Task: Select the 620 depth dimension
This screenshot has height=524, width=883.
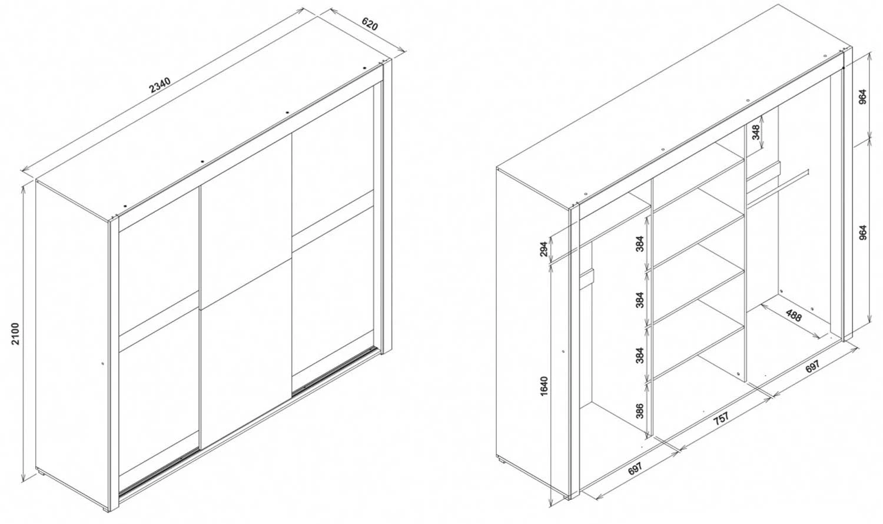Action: pyautogui.click(x=369, y=25)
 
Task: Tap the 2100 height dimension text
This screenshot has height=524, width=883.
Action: pyautogui.click(x=15, y=334)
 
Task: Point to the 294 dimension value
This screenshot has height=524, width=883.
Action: pyautogui.click(x=544, y=248)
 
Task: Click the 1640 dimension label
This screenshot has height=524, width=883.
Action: pyautogui.click(x=544, y=386)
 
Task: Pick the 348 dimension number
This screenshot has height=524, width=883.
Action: pyautogui.click(x=756, y=132)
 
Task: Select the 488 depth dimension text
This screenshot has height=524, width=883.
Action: pyautogui.click(x=794, y=316)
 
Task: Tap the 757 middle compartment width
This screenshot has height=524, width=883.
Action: pyautogui.click(x=721, y=419)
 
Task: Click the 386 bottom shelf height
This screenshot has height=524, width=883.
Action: pyautogui.click(x=640, y=410)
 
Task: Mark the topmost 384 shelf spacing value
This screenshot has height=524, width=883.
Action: pyautogui.click(x=640, y=243)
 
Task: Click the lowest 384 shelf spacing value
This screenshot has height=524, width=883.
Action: pyautogui.click(x=640, y=355)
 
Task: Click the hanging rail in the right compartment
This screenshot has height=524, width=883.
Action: pyautogui.click(x=775, y=190)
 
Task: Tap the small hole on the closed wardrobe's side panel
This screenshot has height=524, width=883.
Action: pyautogui.click(x=102, y=363)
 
